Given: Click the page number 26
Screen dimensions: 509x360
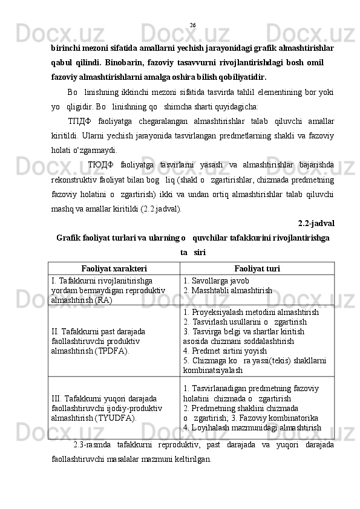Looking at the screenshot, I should (192, 25).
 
